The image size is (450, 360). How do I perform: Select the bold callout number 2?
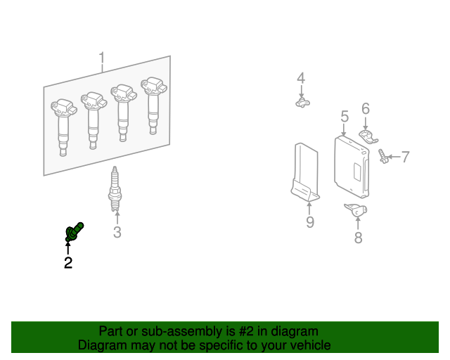point(68,263)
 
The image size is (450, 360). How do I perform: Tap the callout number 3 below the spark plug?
point(117,232)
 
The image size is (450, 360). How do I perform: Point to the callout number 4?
point(301,78)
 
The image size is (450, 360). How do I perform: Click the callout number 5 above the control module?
point(345,116)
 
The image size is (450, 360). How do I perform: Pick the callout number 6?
point(366,108)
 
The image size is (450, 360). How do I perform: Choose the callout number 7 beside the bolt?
point(405,157)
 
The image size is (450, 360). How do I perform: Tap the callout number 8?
point(358,238)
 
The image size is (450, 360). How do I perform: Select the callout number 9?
point(310,222)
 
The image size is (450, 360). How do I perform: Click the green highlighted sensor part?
point(74,232)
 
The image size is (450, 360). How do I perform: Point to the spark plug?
point(115,189)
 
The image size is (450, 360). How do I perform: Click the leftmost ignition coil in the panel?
point(63,127)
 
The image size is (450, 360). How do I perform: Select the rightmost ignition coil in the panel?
point(153,105)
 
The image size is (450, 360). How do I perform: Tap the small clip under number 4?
point(302,103)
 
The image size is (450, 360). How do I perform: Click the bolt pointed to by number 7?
point(383,156)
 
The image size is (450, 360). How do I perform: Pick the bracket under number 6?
point(368,137)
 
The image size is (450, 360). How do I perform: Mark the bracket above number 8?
point(356,210)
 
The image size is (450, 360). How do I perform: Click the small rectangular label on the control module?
point(356,172)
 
